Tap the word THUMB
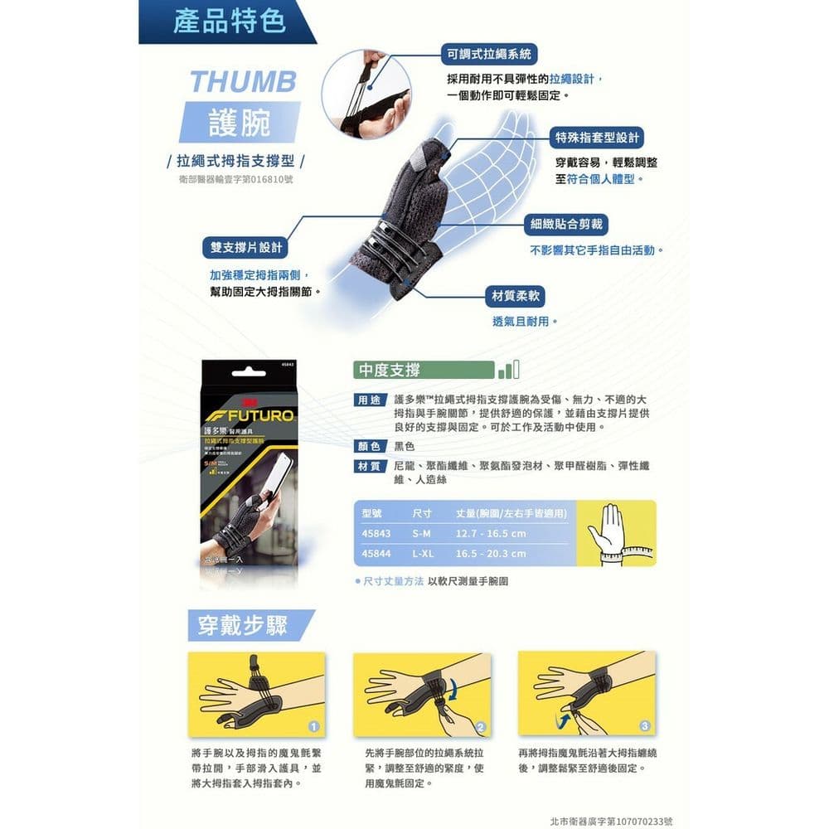tap(243, 81)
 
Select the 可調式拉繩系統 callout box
tap(489, 55)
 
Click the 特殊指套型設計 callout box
tap(597, 138)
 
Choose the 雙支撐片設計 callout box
tap(246, 247)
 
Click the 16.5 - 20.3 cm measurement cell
tap(491, 554)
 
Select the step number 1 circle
tap(313, 727)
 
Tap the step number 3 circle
tap(644, 727)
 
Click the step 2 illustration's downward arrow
tap(453, 686)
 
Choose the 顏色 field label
tap(369, 447)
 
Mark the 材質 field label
tap(369, 467)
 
